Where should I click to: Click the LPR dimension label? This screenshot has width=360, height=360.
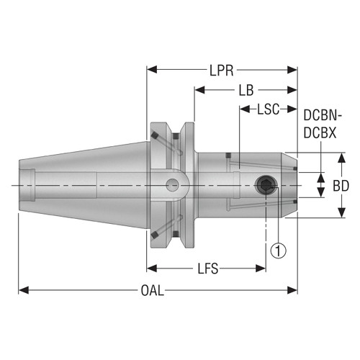point(222,71)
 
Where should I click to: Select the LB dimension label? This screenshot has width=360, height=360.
point(245,91)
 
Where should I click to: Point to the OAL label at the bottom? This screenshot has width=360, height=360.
point(152,290)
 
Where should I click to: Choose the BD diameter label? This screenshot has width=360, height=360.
point(341,185)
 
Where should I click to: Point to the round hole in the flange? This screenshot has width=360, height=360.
point(172,186)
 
